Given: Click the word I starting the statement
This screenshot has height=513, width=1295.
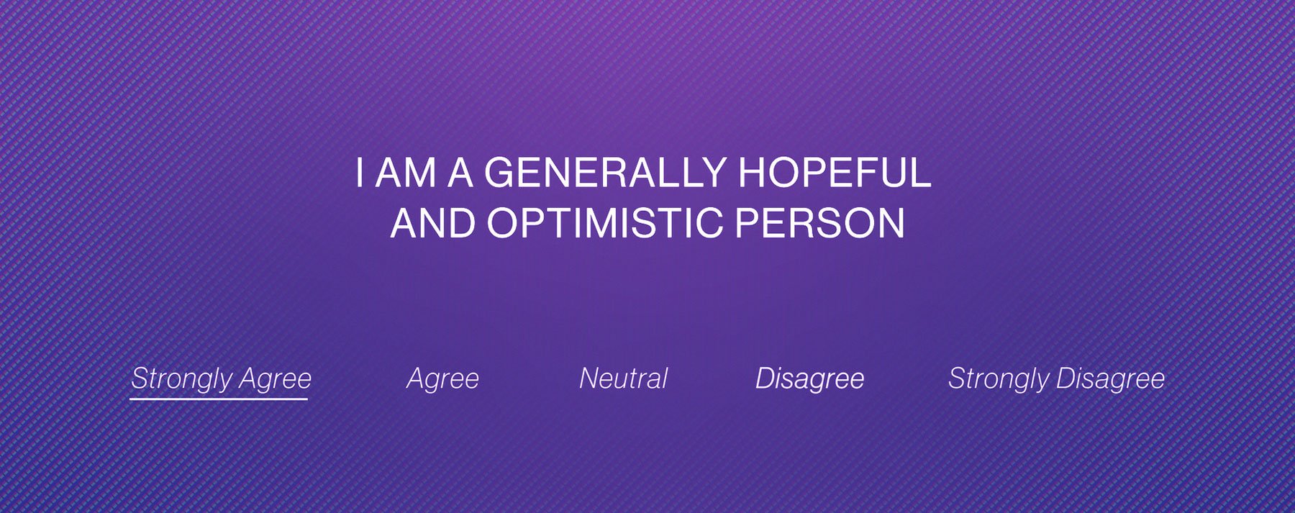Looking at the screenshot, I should tap(359, 173).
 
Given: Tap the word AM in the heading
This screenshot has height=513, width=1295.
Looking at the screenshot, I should tap(406, 173).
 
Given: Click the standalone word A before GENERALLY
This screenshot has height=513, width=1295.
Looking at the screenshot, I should tap(460, 173).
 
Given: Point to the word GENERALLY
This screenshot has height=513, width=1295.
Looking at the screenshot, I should tap(605, 173).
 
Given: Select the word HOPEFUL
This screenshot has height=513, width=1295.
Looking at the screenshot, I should tap(835, 173).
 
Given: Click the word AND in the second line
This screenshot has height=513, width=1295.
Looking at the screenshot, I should tap(432, 223).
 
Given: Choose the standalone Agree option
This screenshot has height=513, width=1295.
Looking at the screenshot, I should tap(442, 378).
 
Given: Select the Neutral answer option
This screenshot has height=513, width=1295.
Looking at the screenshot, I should tap(624, 378).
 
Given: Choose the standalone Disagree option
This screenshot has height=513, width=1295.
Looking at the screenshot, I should tap(809, 378).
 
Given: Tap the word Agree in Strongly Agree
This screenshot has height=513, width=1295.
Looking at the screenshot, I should tap(275, 379).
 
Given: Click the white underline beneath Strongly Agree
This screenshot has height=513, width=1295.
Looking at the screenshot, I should tap(219, 398).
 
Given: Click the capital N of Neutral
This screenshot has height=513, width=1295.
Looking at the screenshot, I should tap(589, 378).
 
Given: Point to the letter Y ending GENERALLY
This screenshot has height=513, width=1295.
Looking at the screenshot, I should tap(714, 173).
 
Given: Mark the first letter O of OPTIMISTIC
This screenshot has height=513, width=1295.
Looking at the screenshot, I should tap(503, 223).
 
